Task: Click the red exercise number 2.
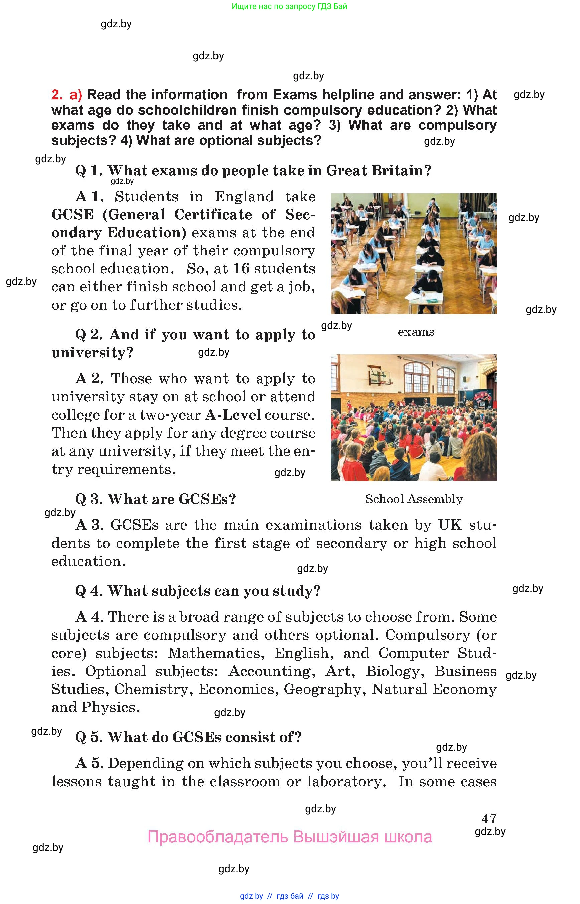pos(57,95)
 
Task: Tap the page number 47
pos(489,818)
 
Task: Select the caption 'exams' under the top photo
pos(416,332)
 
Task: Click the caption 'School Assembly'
pos(414,499)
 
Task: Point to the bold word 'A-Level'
pos(233,414)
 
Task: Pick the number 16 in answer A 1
pos(241,269)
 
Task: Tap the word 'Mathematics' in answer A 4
pos(214,653)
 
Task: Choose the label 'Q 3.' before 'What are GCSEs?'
pos(89,499)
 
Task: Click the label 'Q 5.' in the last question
pos(89,737)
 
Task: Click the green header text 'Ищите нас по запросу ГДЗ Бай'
pos(289,6)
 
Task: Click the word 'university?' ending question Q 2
pos(92,353)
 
